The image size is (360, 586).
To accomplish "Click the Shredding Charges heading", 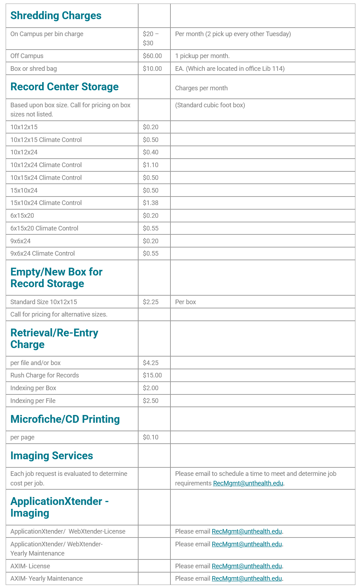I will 56,16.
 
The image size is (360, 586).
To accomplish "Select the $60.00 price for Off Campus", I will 152,56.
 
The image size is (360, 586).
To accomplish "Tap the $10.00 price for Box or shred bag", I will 152,69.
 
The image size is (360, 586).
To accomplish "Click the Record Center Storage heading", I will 64,87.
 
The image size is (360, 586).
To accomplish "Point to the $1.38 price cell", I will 151,203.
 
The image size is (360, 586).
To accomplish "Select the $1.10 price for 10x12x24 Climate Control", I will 151,165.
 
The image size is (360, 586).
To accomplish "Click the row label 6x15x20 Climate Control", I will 44,228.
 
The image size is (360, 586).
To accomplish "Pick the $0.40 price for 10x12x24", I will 151,152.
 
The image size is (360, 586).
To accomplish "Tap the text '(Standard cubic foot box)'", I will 210,105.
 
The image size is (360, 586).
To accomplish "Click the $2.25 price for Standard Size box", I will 151,302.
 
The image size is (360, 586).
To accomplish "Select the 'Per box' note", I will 185,302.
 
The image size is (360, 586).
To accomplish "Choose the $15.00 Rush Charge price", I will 152,375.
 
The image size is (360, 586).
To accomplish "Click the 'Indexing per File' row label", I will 33,401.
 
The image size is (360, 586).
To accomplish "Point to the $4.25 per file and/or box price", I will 151,363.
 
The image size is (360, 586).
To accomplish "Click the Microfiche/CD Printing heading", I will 65,419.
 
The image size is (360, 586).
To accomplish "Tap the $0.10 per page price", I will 151,437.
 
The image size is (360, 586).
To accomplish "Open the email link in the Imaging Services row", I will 248,483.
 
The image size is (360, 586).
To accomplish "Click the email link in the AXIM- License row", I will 247,566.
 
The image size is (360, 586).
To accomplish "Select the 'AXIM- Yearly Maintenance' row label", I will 46,579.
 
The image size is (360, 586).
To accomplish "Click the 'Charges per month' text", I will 201,88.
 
